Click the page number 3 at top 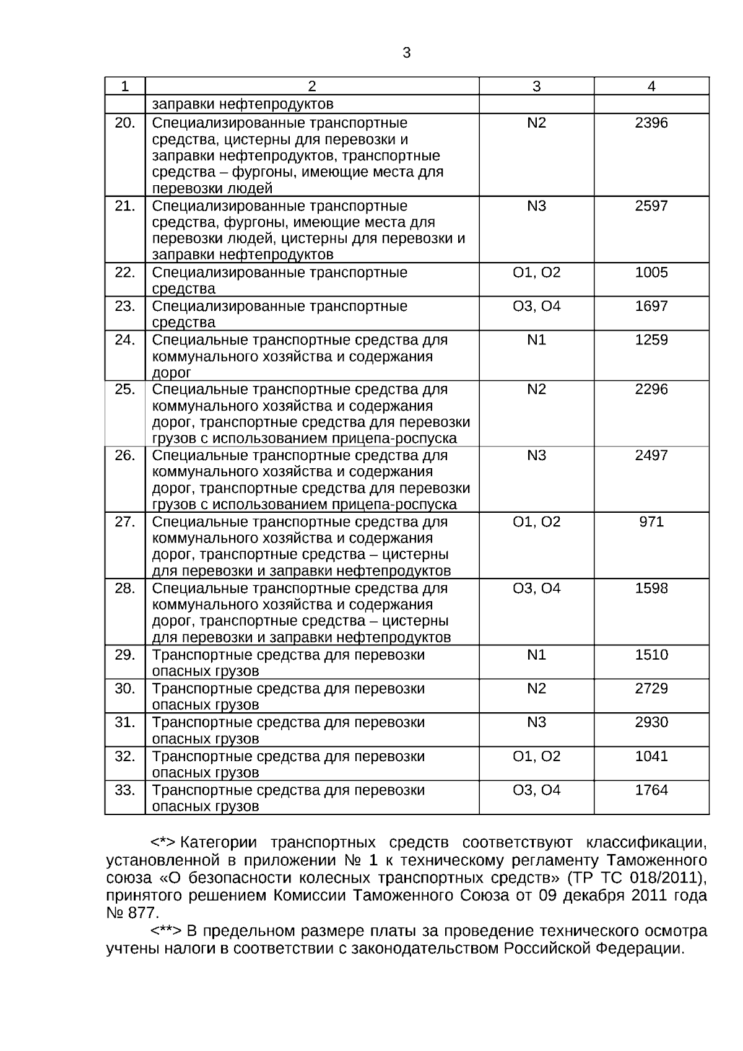[x=406, y=53]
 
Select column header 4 [x=651, y=87]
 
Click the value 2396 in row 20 [x=651, y=123]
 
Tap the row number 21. [x=124, y=206]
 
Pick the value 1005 [x=651, y=273]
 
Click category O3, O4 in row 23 [x=536, y=306]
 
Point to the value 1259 [x=651, y=340]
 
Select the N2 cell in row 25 [x=536, y=389]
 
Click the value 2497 [x=651, y=455]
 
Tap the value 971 [x=651, y=521]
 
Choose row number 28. [x=124, y=588]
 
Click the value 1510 [x=651, y=655]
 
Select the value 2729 [x=651, y=689]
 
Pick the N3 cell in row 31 [x=536, y=722]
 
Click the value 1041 [x=651, y=756]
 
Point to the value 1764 [x=651, y=790]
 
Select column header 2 [x=311, y=87]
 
